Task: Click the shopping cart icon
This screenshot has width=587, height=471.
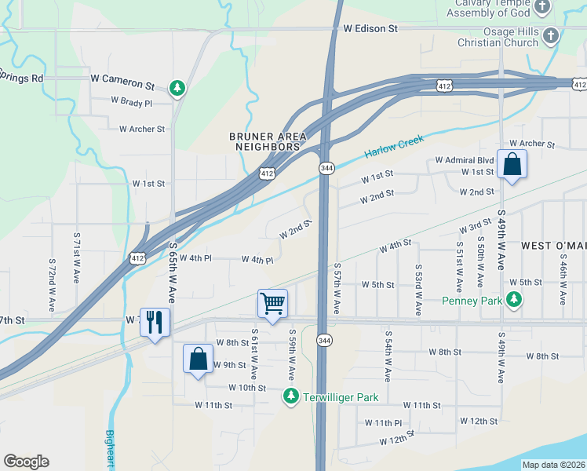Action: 272,303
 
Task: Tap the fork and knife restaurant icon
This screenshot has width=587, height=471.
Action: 154,322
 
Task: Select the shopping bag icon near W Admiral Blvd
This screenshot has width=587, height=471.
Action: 512,165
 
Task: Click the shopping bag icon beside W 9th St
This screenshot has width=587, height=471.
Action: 198,359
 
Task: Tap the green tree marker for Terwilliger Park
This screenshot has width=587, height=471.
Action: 291,396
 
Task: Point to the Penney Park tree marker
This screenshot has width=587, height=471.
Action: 513,299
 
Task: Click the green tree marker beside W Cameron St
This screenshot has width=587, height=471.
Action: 178,88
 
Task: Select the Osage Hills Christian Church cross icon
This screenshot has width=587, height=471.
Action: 551,36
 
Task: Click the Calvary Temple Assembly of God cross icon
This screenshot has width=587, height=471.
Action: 542,8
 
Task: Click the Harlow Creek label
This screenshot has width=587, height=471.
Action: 394,146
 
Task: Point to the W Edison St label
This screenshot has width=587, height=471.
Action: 371,28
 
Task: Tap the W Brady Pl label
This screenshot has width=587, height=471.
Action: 131,101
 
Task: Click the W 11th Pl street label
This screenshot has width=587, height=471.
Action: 383,422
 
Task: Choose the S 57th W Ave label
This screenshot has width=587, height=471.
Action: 336,289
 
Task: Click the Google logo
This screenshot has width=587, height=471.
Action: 26,462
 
